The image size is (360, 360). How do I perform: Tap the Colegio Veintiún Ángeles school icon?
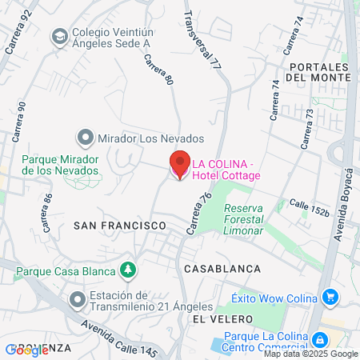(59, 36)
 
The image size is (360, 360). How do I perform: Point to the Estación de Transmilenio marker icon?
(77, 300)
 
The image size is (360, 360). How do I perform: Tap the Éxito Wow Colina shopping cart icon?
(330, 298)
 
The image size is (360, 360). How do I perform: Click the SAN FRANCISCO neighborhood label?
(119, 226)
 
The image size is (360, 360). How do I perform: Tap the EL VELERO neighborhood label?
(217, 318)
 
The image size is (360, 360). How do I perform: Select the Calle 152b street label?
(310, 209)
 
